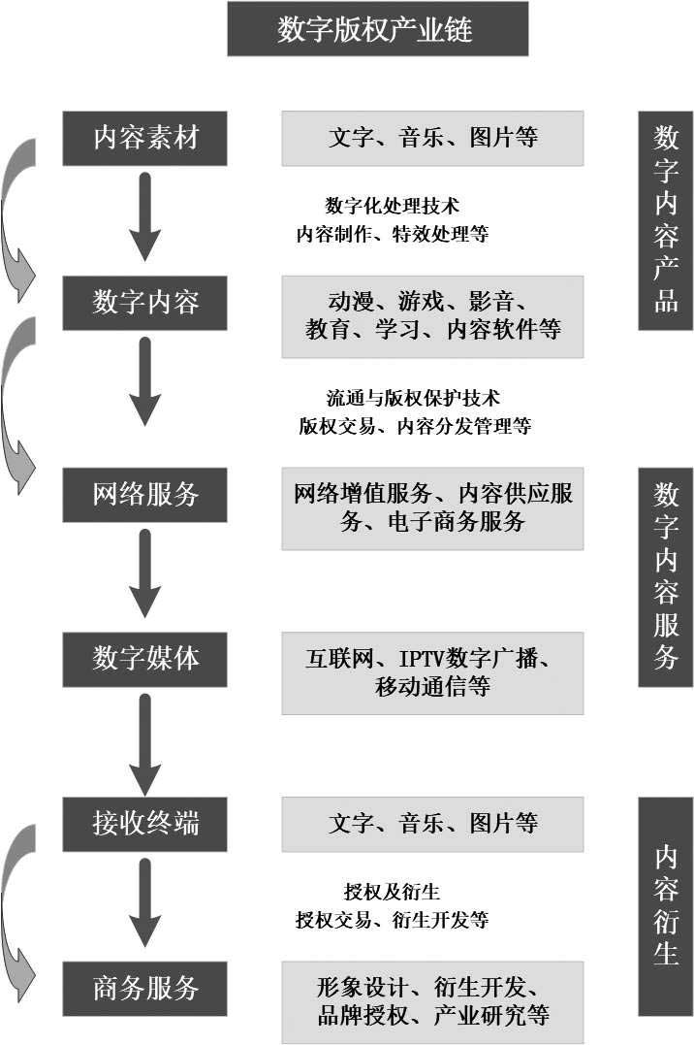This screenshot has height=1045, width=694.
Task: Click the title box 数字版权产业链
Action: coord(378,29)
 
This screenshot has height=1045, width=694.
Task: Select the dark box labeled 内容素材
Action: coord(144,138)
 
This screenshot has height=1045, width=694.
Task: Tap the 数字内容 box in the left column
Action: coord(144,303)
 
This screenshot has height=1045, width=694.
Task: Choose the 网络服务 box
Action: coord(144,495)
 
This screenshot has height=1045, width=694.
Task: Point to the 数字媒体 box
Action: coord(144,659)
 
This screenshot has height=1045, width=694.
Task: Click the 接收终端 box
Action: coord(144,824)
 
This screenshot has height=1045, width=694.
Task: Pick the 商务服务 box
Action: coord(144,989)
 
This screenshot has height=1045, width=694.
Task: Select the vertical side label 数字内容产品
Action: coord(665,220)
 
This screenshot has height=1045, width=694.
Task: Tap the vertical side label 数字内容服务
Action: coord(665,577)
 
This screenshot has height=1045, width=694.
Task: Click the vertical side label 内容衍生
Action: coord(665,906)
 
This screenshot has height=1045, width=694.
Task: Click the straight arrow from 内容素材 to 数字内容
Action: coord(145,216)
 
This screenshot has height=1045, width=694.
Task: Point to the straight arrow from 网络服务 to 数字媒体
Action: coord(145,573)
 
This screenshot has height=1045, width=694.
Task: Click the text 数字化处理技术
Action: coord(393,206)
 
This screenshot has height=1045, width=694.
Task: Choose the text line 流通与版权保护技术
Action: coord(413,398)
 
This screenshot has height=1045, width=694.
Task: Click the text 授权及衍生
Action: coord(393,892)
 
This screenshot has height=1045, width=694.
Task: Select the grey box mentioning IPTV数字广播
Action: coord(433,673)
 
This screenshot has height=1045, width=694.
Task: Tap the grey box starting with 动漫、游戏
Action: coord(433,316)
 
